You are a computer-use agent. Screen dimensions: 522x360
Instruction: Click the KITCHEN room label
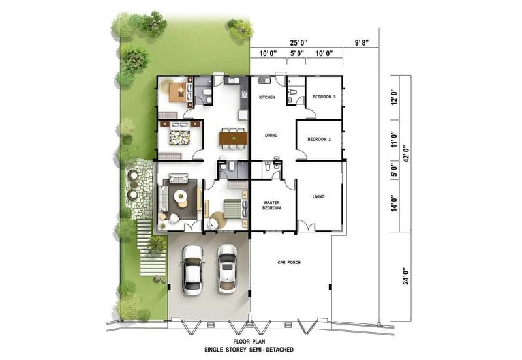(x=268, y=97)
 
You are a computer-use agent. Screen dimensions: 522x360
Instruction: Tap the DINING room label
(x=271, y=136)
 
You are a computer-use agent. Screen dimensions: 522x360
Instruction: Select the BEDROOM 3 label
(x=324, y=97)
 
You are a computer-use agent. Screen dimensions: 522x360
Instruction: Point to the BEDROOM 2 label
(x=319, y=139)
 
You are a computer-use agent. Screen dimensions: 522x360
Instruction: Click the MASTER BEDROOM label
(x=271, y=205)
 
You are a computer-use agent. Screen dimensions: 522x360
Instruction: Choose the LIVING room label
(x=318, y=197)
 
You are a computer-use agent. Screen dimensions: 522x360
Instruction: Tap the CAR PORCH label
(x=289, y=263)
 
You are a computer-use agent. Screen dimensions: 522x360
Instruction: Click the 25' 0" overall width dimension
(x=298, y=42)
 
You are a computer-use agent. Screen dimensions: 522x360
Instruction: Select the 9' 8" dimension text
(x=361, y=42)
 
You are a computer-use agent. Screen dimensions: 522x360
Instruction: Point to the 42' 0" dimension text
(x=406, y=154)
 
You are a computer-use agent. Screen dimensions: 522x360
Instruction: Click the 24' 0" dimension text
(x=406, y=276)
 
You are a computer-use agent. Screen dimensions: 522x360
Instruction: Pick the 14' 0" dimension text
(x=395, y=203)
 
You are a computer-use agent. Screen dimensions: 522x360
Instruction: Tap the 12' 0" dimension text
(x=395, y=97)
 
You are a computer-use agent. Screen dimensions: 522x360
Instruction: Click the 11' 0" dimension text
(x=395, y=139)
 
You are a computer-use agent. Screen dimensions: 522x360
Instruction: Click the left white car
(x=192, y=270)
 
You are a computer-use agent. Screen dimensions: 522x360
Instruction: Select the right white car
(x=227, y=269)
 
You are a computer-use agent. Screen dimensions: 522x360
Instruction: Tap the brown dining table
(x=234, y=138)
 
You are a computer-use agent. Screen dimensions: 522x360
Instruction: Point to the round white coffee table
(x=180, y=195)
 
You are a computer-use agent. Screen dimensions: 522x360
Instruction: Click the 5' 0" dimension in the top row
(x=297, y=53)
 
